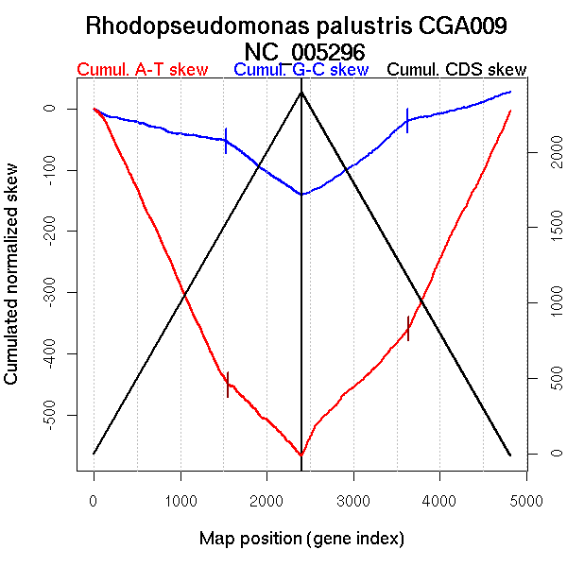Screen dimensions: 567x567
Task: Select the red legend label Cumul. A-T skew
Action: click(x=142, y=70)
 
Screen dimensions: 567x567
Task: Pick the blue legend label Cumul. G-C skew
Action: click(x=301, y=70)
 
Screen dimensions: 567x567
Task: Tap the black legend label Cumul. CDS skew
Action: click(x=457, y=70)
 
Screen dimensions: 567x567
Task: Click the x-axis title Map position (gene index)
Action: click(x=301, y=539)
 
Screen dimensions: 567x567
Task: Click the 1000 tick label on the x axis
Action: click(x=180, y=499)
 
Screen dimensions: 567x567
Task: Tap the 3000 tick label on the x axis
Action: click(x=353, y=499)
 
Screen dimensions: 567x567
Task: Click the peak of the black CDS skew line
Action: click(x=301, y=92)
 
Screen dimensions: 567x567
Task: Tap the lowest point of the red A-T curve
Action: click(x=301, y=455)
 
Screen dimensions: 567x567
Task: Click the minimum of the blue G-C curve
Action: click(x=301, y=195)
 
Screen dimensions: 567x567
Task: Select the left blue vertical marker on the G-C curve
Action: click(x=226, y=141)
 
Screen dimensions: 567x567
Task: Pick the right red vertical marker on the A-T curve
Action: click(x=408, y=328)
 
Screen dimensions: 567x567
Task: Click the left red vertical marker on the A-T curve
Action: click(x=228, y=384)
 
